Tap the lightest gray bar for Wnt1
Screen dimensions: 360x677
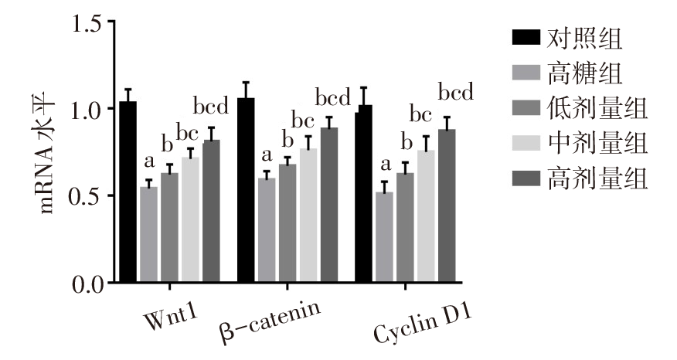click(190, 219)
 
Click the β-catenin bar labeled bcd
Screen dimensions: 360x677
click(329, 205)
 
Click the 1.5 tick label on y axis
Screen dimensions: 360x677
click(87, 22)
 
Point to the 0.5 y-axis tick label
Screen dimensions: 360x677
click(87, 196)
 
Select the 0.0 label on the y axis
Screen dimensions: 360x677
click(87, 284)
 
